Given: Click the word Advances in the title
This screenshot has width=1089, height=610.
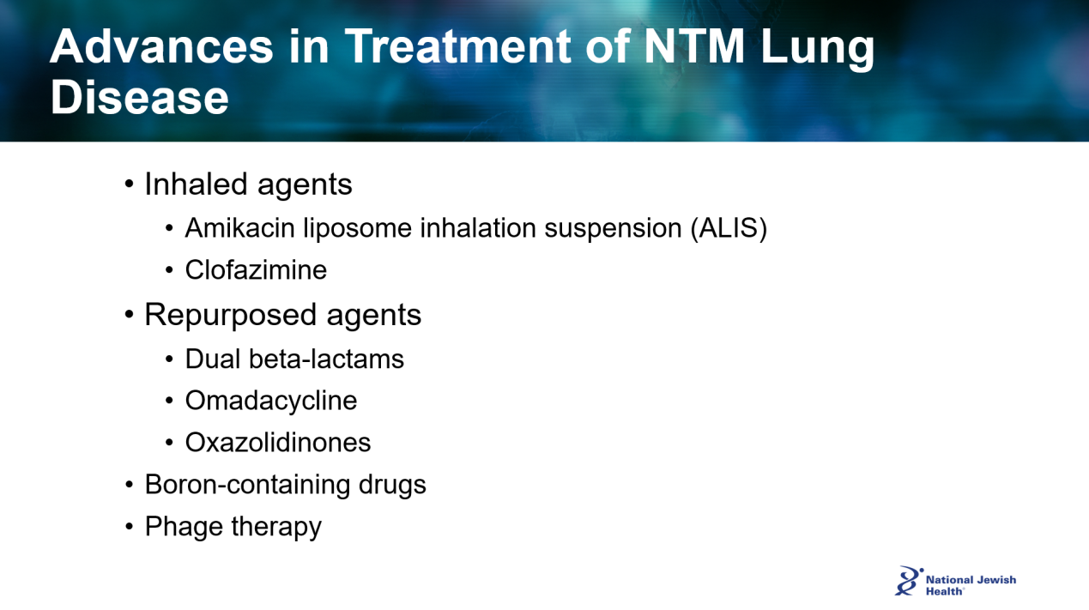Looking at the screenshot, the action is tap(161, 46).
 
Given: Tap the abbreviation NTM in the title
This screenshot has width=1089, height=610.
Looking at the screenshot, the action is tap(693, 46).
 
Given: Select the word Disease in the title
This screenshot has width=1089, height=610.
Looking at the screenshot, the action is tap(139, 97).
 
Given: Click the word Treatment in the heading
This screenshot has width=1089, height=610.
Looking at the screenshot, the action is tap(457, 46).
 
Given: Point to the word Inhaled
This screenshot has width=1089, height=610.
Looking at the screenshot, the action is tap(197, 184).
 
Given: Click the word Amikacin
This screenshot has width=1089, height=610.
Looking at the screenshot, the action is tap(239, 227).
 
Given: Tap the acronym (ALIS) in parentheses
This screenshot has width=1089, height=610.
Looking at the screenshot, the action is tap(729, 228).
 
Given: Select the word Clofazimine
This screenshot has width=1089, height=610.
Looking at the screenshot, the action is tap(256, 269).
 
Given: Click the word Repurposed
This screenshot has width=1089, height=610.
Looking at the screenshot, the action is tap(231, 316).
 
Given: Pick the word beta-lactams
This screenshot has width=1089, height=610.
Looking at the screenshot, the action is tap(326, 359).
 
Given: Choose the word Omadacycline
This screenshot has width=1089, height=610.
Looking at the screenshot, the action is tap(271, 402).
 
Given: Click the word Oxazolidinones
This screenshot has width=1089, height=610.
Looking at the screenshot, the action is tap(278, 443).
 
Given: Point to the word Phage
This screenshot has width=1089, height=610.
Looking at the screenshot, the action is tap(184, 527).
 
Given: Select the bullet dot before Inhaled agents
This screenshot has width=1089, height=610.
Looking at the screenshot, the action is tap(129, 184).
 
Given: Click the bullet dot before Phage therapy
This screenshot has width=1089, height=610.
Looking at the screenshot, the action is tap(129, 527).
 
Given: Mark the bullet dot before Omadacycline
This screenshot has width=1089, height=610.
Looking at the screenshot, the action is tap(169, 401).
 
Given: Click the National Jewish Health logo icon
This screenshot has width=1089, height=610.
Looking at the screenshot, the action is tap(908, 581).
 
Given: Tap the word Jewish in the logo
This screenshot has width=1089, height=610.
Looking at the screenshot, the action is tap(996, 580).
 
